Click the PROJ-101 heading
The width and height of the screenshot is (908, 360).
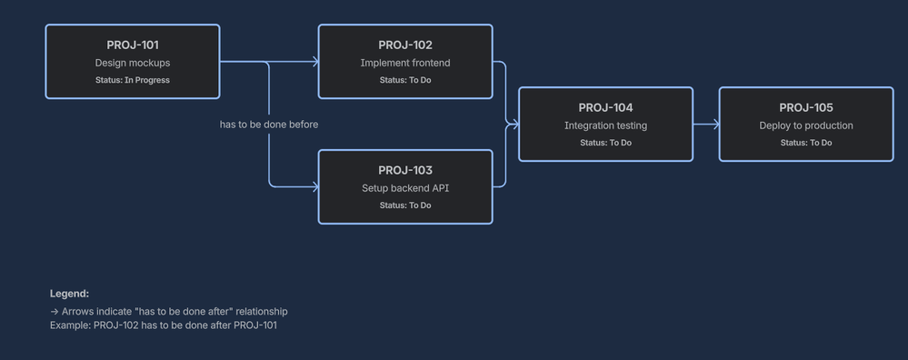(133, 45)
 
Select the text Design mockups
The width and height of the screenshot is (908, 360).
(133, 63)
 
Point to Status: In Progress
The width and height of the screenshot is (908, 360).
(133, 80)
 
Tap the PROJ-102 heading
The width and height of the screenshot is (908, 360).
(405, 45)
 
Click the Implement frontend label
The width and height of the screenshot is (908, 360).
(405, 63)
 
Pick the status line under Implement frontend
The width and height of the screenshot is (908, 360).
(405, 80)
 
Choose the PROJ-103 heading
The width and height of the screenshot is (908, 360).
(405, 170)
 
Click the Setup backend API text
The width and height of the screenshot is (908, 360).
(405, 188)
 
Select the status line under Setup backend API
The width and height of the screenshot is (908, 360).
(405, 205)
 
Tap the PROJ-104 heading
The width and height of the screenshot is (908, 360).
(605, 107)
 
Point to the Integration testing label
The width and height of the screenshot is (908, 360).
(605, 125)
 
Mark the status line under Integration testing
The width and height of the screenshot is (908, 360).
(605, 143)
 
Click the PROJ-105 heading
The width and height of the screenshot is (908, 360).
(806, 107)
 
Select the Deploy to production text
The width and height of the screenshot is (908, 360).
(806, 125)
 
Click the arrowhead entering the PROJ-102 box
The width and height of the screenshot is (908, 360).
(315, 61)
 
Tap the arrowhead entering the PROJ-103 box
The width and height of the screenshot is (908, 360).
(315, 187)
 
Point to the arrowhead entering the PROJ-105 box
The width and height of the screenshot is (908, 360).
(716, 124)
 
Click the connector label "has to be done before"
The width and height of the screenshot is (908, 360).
(269, 125)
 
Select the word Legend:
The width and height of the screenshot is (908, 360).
(69, 294)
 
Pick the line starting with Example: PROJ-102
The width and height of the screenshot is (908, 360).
(164, 325)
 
